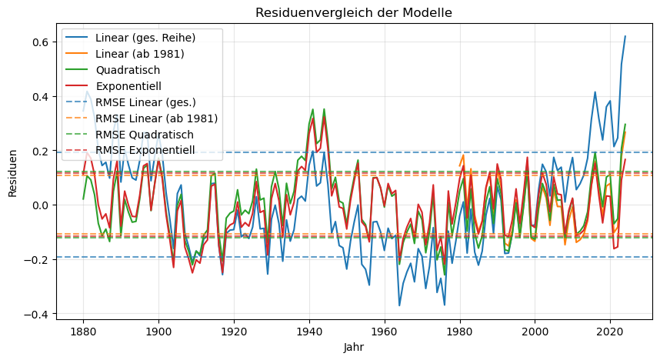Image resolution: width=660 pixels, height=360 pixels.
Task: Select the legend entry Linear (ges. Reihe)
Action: pos(145,38)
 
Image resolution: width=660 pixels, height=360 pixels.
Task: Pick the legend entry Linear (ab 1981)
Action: pos(140,54)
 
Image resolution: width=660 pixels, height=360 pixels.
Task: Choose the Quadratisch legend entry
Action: pos(128,70)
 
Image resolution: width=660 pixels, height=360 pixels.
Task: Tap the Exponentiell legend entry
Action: pos(129,86)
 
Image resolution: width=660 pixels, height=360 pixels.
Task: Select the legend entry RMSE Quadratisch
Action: pos(145,135)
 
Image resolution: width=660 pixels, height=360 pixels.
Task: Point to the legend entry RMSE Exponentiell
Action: pos(146,151)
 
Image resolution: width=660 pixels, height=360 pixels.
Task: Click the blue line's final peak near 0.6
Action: pos(625,36)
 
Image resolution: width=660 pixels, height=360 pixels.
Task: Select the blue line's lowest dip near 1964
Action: pos(399,305)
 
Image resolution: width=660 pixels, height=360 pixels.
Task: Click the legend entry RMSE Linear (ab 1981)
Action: pos(157,118)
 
